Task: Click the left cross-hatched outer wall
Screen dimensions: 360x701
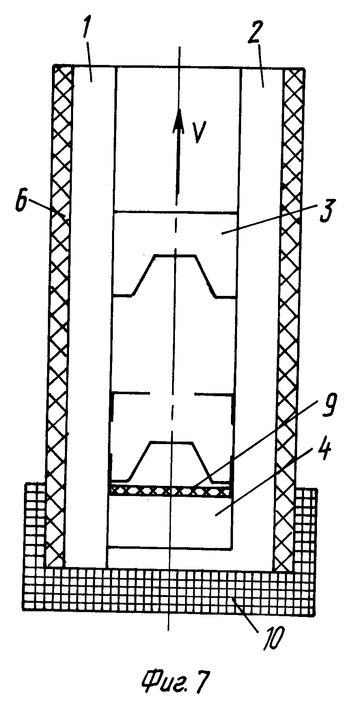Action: click(59, 284)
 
